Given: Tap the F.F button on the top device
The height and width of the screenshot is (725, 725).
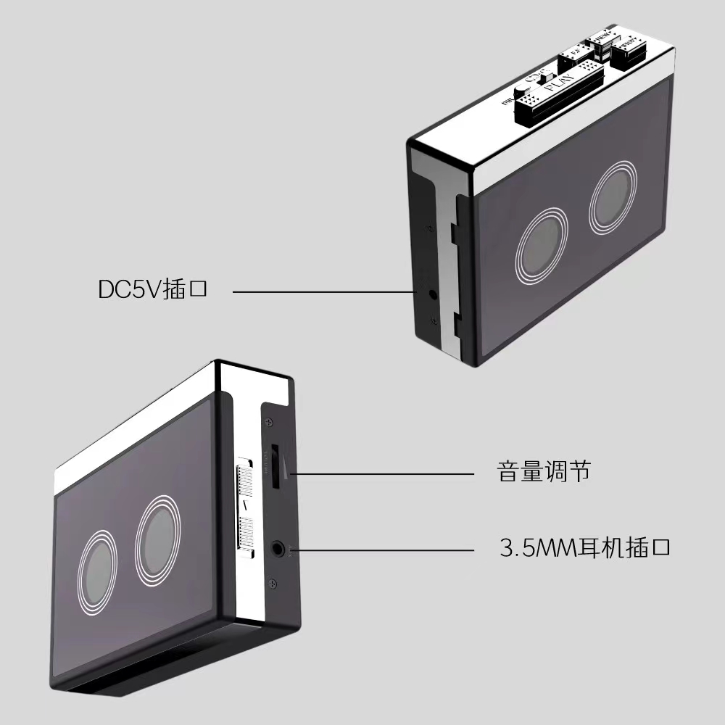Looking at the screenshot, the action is pyautogui.click(x=578, y=55).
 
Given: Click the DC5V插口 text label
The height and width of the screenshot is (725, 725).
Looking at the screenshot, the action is pyautogui.click(x=153, y=289).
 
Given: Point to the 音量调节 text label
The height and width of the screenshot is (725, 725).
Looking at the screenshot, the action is pyautogui.click(x=544, y=472).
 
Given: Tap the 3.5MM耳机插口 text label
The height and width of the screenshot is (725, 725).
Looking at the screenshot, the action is pyautogui.click(x=584, y=546).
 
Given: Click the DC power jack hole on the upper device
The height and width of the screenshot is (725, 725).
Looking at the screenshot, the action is pyautogui.click(x=433, y=294).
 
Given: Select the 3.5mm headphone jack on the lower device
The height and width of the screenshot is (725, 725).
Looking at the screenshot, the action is pyautogui.click(x=278, y=549).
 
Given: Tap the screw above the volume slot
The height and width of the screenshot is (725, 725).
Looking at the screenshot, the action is pyautogui.click(x=270, y=423).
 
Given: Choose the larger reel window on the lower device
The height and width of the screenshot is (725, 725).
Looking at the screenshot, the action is pyautogui.click(x=160, y=539).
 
